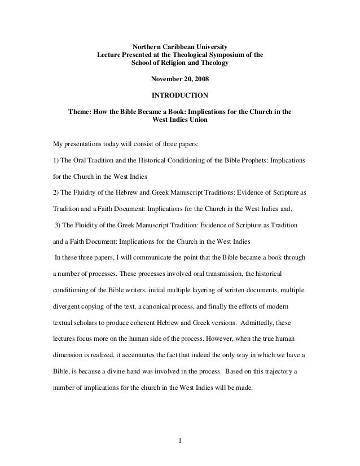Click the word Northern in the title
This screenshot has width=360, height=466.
pyautogui.click(x=146, y=46)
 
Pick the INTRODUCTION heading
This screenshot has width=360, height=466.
pyautogui.click(x=180, y=95)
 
